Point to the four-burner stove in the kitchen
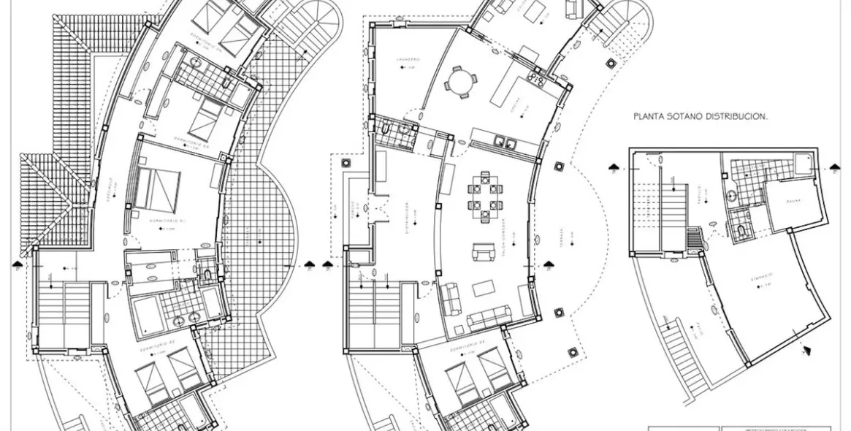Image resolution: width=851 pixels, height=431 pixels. click(537, 76)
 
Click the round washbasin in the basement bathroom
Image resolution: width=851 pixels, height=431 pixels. click(733, 195)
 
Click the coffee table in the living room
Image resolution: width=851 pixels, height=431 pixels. click(483, 288)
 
